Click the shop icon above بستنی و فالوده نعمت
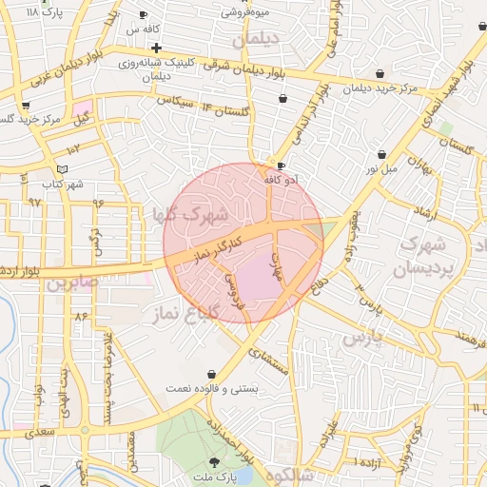coord(210,374)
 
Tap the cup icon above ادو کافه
coord(281,166)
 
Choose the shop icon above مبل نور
coord(381,154)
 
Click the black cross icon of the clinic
coord(156,48)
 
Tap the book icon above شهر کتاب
coord(63,169)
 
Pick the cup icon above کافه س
coord(143,15)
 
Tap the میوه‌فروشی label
coord(245,12)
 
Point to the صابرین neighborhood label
coord(70,282)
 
